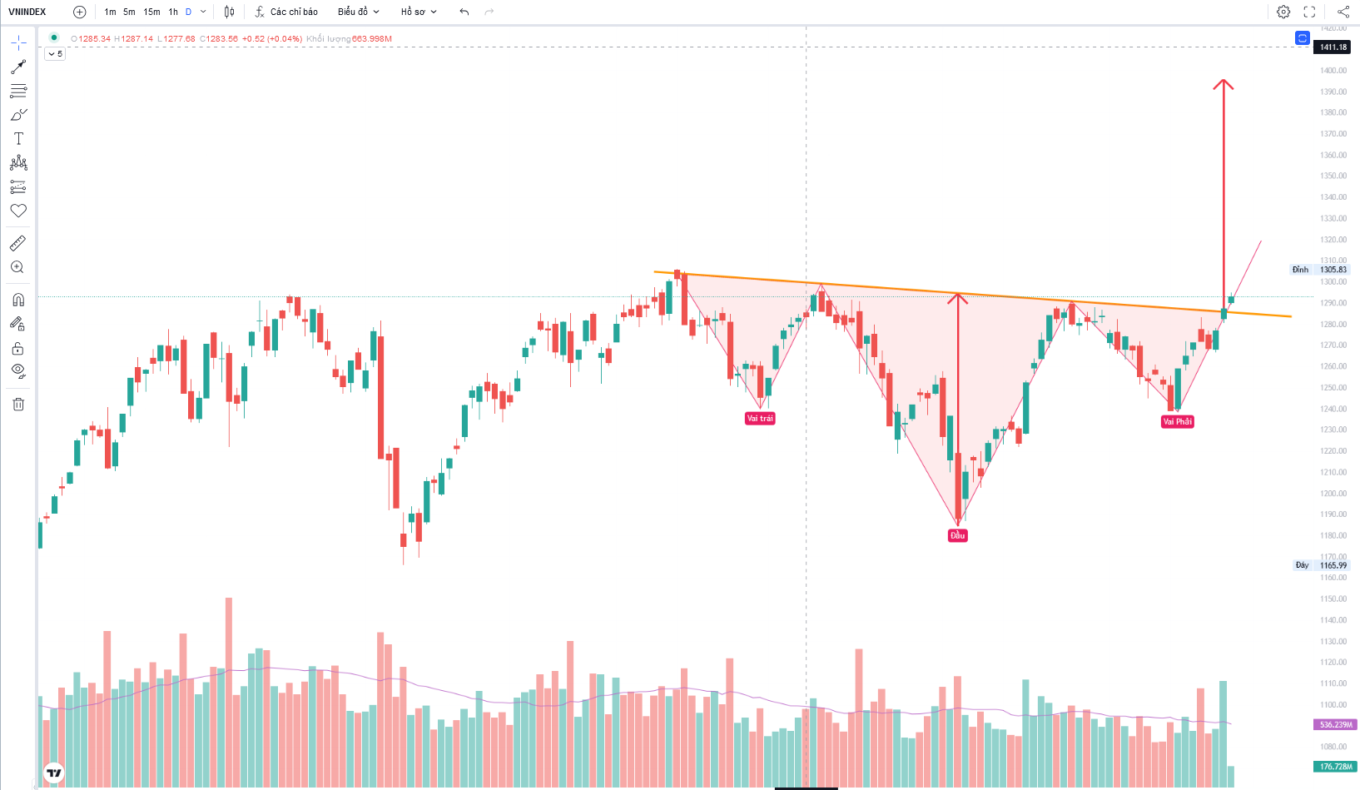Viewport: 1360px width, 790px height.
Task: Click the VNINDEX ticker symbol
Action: click(x=27, y=12)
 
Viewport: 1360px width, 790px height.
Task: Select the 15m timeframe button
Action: click(x=151, y=12)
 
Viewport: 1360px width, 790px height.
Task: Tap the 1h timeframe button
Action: click(x=173, y=12)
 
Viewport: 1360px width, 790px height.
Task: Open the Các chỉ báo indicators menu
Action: click(x=286, y=12)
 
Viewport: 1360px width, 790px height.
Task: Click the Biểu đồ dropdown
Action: click(x=358, y=12)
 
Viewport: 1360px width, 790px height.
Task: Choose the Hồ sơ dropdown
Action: click(x=418, y=12)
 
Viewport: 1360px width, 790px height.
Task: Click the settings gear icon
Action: click(x=1283, y=12)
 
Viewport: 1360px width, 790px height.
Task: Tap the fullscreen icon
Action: click(x=1309, y=12)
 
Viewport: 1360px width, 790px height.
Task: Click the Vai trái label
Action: click(x=760, y=419)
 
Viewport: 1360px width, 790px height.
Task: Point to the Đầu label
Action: click(x=958, y=535)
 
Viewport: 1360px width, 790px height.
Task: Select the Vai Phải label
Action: click(x=1178, y=422)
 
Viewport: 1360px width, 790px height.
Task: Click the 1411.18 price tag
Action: click(x=1333, y=47)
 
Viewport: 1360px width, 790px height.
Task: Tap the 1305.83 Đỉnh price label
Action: click(x=1333, y=270)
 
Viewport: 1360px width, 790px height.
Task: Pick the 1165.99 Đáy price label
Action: click(x=1333, y=565)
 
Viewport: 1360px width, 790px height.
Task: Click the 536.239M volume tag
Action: click(x=1335, y=725)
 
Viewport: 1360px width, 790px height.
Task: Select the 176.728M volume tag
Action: click(x=1335, y=767)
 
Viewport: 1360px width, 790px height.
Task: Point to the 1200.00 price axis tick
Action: click(x=1333, y=493)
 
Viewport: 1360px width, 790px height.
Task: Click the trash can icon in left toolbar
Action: click(x=18, y=405)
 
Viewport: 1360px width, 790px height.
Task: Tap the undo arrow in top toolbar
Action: click(x=464, y=12)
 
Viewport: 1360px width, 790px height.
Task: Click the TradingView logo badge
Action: click(x=54, y=773)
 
